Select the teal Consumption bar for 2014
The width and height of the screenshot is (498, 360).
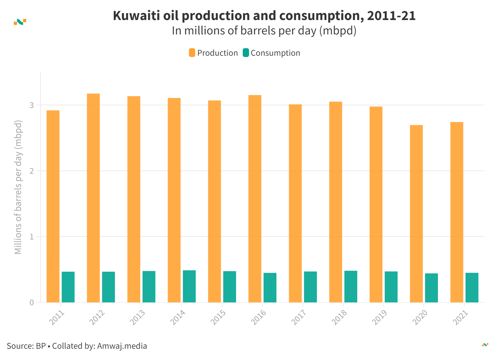189,286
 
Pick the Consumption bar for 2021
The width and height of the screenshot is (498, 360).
472,287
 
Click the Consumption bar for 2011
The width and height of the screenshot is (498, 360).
68,287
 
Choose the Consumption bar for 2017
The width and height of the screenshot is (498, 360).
310,287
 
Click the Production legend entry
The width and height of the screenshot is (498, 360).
213,53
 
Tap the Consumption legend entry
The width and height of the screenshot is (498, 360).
271,53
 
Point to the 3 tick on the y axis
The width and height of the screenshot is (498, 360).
32,105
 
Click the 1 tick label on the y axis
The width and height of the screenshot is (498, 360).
32,237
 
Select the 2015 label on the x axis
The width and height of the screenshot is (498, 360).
218,317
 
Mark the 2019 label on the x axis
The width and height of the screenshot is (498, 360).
380,317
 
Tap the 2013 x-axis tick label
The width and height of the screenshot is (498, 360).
138,317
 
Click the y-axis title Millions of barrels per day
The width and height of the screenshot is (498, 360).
18,187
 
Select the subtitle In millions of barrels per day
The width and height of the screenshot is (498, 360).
264,31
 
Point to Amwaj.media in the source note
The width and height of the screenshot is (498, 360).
122,346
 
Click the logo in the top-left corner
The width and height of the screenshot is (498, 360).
20,22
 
